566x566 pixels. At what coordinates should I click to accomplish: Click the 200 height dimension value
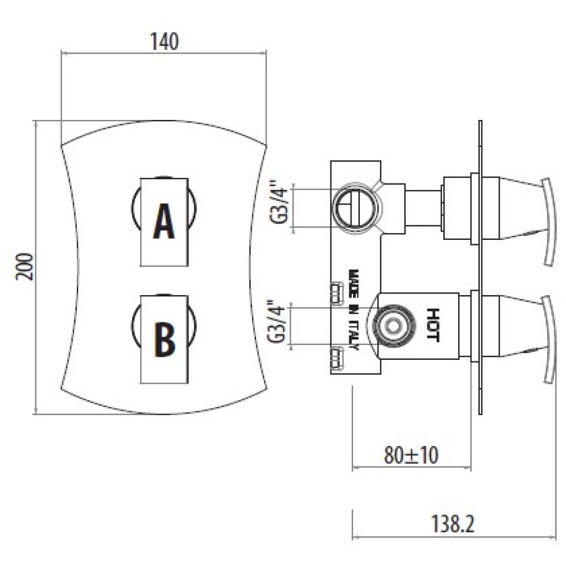coord(24,267)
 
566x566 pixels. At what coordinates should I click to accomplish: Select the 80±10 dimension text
coord(411,455)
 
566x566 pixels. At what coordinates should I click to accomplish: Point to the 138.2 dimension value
coord(453,524)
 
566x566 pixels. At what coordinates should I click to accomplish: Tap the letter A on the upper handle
coord(164,221)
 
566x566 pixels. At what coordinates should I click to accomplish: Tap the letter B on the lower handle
coord(165,339)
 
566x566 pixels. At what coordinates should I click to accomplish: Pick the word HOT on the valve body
coord(432,325)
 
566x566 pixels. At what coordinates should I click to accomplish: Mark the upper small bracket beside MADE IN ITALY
coord(337,292)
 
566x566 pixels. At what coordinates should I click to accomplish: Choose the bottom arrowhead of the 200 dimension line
coord(35,411)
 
